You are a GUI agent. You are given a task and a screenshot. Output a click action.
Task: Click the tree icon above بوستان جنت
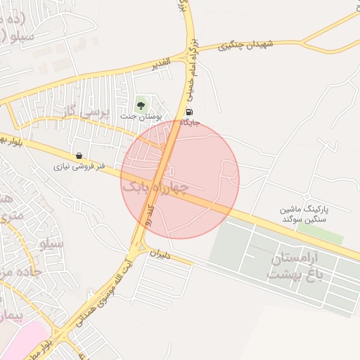pyautogui.click(x=141, y=105)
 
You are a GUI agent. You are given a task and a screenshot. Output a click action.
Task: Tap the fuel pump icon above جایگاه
pyautogui.click(x=188, y=112)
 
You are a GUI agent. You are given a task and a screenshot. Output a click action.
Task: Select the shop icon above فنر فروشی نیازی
pyautogui.click(x=79, y=155)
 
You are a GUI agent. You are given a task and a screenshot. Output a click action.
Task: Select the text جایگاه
pyautogui.click(x=191, y=123)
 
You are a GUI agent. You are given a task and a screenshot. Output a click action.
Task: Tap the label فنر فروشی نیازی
pyautogui.click(x=79, y=167)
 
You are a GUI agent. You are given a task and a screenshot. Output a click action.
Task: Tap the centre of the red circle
pyautogui.click(x=180, y=179)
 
